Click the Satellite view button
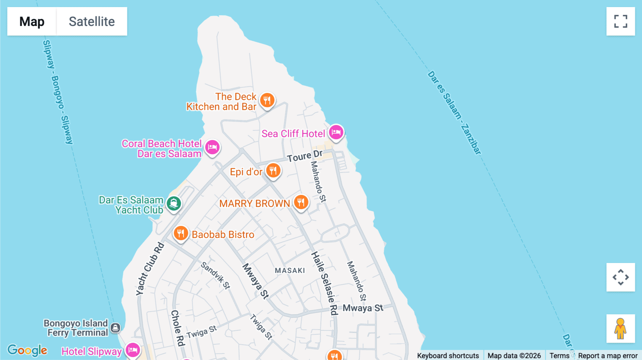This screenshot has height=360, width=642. pyautogui.click(x=92, y=21)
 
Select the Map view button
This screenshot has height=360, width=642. pyautogui.click(x=32, y=21)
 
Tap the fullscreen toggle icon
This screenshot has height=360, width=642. pyautogui.click(x=621, y=21)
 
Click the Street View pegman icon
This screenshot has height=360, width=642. pyautogui.click(x=621, y=328)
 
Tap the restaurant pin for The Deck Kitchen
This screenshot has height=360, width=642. pyautogui.click(x=267, y=100)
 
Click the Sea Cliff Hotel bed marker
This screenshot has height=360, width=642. pyautogui.click(x=336, y=133)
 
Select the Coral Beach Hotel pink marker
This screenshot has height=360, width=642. pyautogui.click(x=213, y=147)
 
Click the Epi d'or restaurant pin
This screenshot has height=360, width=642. pyautogui.click(x=273, y=170)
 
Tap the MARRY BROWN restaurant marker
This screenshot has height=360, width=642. pyautogui.click(x=301, y=202)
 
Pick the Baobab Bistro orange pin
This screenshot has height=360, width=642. pyautogui.click(x=181, y=233)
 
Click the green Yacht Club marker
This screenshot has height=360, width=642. pyautogui.click(x=174, y=204)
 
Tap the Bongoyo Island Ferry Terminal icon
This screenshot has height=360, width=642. pyautogui.click(x=115, y=328)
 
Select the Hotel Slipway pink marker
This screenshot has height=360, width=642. pyautogui.click(x=133, y=350)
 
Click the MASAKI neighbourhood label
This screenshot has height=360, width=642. pyautogui.click(x=290, y=271)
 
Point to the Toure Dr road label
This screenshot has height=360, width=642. pyautogui.click(x=305, y=156)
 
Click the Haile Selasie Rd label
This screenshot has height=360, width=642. pyautogui.click(x=325, y=283)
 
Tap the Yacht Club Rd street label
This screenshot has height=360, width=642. pyautogui.click(x=150, y=269)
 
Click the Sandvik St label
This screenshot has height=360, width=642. pyautogui.click(x=215, y=275)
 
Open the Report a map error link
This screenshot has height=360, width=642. pyautogui.click(x=608, y=355)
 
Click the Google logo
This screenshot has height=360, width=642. pyautogui.click(x=27, y=350)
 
